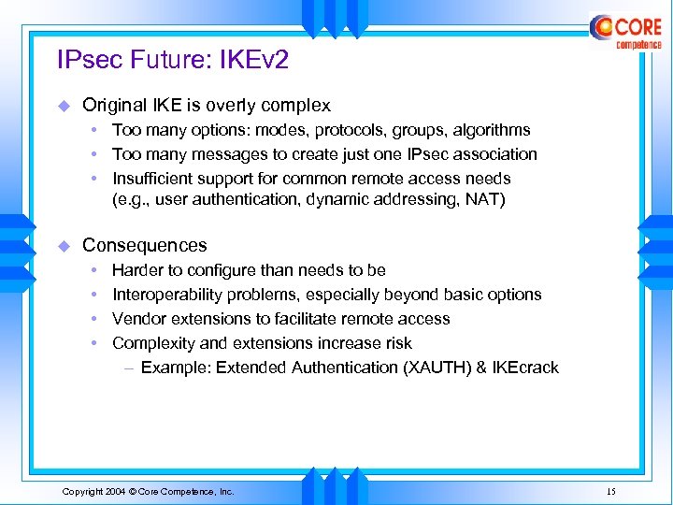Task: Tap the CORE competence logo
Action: pyautogui.click(x=625, y=31)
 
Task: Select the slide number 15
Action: pyautogui.click(x=610, y=491)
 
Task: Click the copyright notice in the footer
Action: pyautogui.click(x=148, y=491)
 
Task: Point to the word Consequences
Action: pyautogui.click(x=144, y=245)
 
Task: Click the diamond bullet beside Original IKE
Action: pyautogui.click(x=64, y=106)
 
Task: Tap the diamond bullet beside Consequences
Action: pyautogui.click(x=64, y=245)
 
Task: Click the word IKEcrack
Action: pyautogui.click(x=524, y=368)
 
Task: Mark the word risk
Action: pyautogui.click(x=396, y=343)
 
